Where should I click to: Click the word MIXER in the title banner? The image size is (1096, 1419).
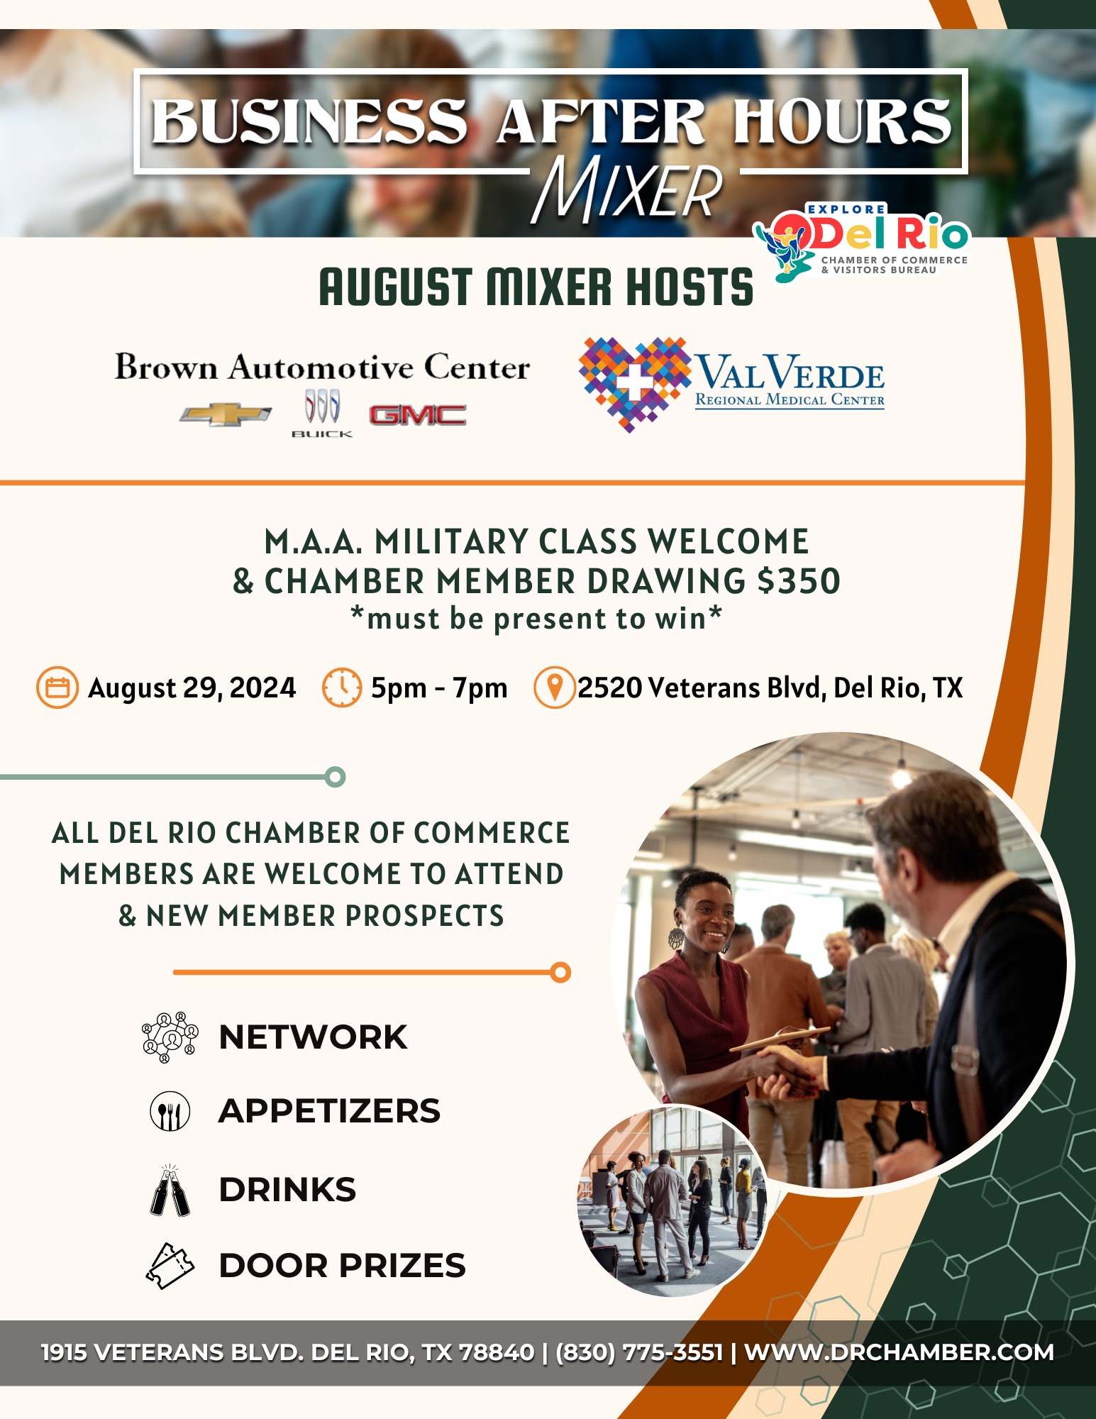627,189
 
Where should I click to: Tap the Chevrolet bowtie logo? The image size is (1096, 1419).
225,415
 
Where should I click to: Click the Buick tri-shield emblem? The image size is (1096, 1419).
322,409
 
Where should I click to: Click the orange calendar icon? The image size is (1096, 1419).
57,688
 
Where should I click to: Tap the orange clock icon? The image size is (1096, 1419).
342,688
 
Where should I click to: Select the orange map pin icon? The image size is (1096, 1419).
554,688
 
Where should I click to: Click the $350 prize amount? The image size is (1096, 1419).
799,581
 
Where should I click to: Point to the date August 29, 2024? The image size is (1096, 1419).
192,688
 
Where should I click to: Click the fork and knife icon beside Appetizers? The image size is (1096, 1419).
170,1111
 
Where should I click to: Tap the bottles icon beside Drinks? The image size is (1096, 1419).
170,1191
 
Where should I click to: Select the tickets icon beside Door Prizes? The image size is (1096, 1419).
170,1266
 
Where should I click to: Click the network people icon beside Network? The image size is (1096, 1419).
170,1037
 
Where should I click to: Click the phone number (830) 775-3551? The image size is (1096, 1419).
639,1352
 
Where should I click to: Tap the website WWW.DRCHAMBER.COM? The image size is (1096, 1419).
899,1352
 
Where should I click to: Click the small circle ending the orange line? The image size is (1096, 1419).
560,972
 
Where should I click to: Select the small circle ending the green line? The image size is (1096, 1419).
336,777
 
